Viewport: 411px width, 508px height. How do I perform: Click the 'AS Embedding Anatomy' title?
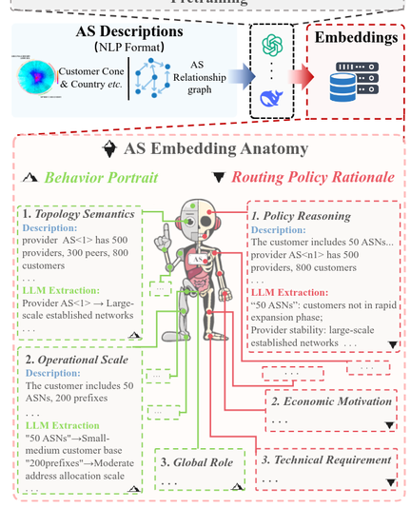click(216, 149)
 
